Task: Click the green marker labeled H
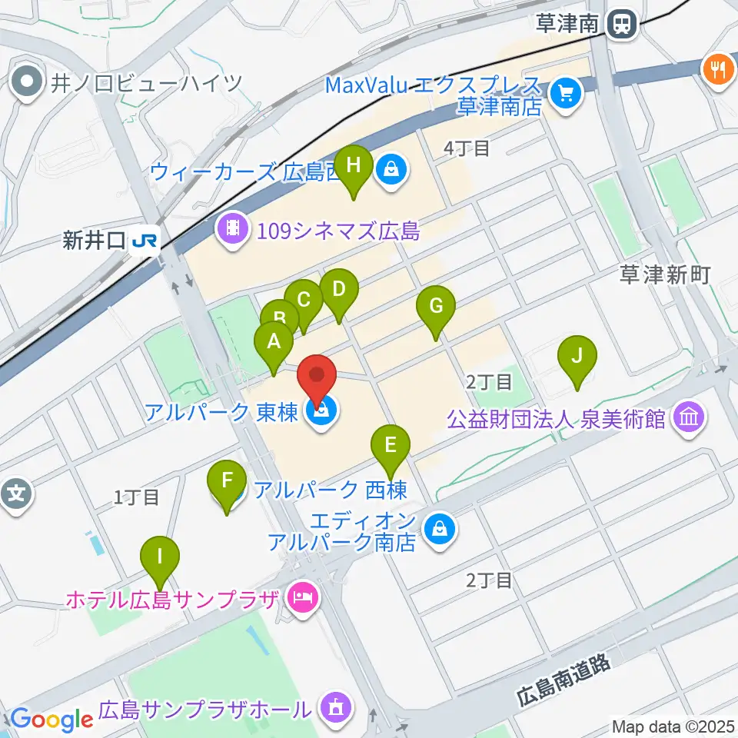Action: tap(354, 166)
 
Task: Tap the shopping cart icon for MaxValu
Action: tap(567, 94)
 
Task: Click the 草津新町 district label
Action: tap(666, 275)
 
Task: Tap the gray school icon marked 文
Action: tap(17, 493)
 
